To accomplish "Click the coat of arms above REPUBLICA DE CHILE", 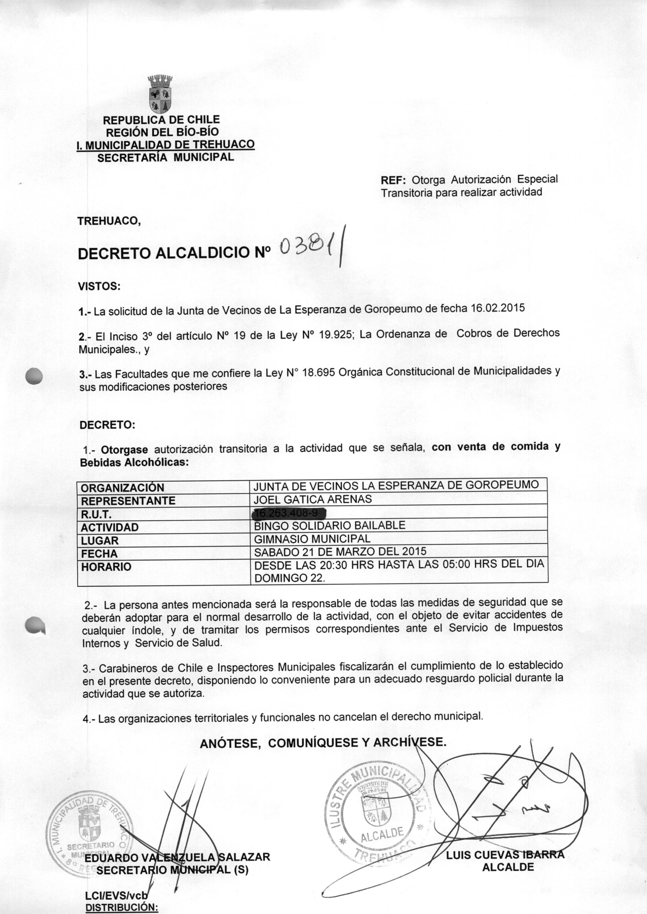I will [x=160, y=94].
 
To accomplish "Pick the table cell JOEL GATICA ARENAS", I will [x=313, y=499].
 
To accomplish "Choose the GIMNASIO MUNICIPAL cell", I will [x=312, y=539].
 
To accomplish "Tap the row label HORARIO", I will [x=106, y=566].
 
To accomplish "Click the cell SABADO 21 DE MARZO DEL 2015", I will [x=340, y=552].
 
